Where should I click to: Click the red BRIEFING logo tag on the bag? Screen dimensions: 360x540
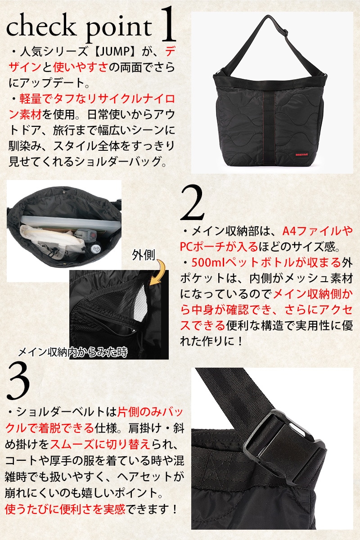click(302, 154)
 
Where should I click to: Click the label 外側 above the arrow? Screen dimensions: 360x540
click(143, 255)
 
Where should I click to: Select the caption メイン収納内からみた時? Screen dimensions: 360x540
click(73, 353)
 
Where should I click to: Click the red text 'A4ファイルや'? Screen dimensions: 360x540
click(318, 231)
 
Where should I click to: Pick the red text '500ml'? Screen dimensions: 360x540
click(207, 263)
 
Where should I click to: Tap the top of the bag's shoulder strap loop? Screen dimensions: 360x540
click(267, 17)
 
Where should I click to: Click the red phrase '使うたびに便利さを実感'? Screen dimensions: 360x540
click(65, 509)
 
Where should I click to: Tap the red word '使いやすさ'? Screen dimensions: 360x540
click(80, 67)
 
